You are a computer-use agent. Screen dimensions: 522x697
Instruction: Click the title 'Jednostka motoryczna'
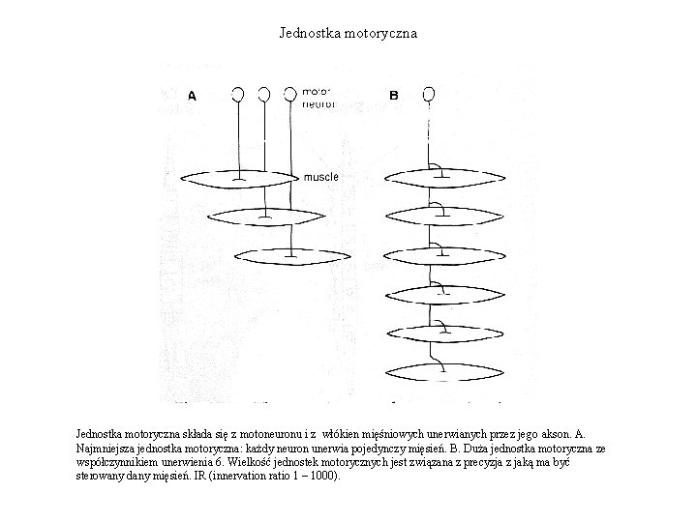click(x=348, y=33)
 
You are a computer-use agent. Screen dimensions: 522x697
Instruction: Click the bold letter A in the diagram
click(x=192, y=96)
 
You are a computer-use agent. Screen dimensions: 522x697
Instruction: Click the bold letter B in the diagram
click(x=394, y=96)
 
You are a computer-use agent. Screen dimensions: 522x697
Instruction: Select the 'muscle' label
click(x=321, y=177)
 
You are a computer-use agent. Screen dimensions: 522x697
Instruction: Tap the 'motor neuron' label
click(x=318, y=98)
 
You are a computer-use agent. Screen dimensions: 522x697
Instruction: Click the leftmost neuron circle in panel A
click(x=236, y=94)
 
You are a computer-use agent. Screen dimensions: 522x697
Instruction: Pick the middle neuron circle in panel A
click(x=263, y=94)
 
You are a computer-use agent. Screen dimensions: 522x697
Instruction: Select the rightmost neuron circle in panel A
click(x=290, y=94)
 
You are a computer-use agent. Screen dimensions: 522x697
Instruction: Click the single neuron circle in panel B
click(x=429, y=94)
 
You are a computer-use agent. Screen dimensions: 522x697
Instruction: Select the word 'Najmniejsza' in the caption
click(x=106, y=449)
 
